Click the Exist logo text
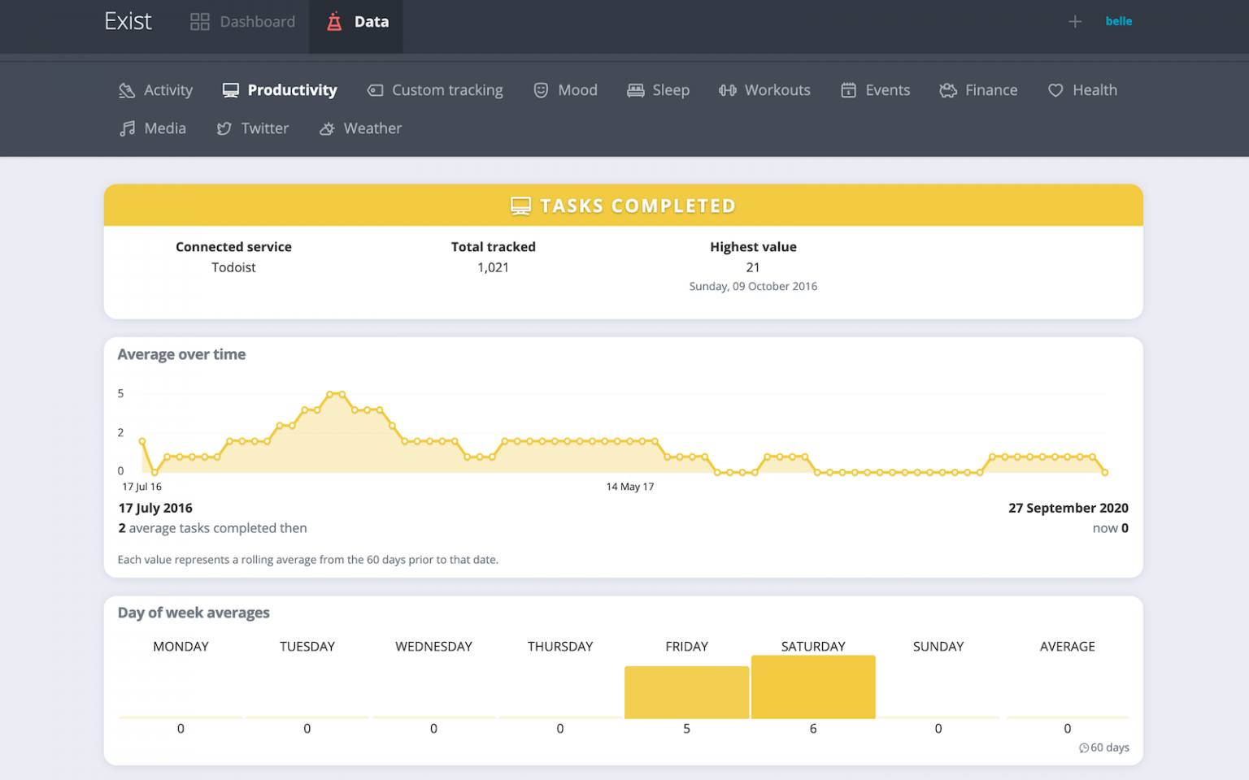pos(128,21)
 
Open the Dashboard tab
pos(243,22)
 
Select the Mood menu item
pos(566,90)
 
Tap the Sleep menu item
pos(659,90)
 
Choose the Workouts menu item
pos(764,90)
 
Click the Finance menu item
pos(978,90)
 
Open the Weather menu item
pos(360,128)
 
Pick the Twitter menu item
pos(253,128)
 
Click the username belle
pos(1118,21)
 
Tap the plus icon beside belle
pos(1074,22)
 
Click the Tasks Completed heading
pos(624,206)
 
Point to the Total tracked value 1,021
pos(493,267)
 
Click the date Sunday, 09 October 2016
pos(753,286)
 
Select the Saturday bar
pos(813,687)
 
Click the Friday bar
pos(686,692)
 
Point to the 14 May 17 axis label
pos(629,487)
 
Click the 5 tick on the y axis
pos(120,393)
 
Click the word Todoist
pos(233,267)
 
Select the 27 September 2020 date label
pos(1068,508)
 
